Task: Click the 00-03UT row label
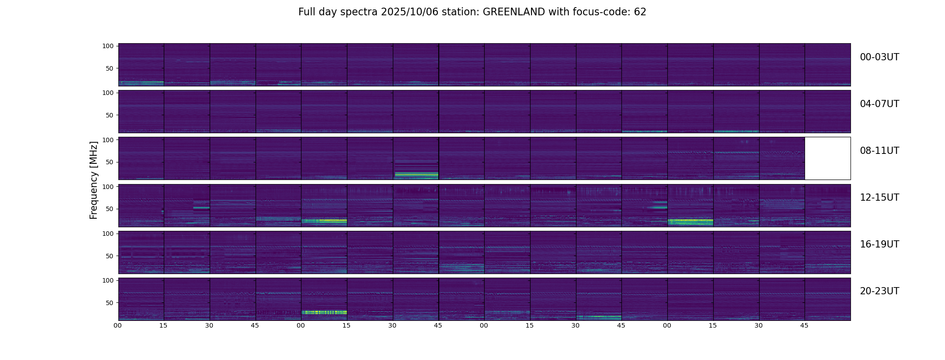click(879, 57)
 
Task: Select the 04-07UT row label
click(879, 104)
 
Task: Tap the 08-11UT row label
click(879, 151)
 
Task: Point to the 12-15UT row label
click(879, 198)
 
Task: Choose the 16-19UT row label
click(879, 244)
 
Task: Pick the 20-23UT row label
click(879, 291)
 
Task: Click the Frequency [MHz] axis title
click(94, 180)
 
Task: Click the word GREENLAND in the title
click(514, 12)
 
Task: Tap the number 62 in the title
click(640, 12)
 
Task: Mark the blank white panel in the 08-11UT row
click(827, 158)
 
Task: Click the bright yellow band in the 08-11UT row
click(416, 174)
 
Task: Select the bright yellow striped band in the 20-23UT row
click(324, 312)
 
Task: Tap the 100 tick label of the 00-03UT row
click(108, 46)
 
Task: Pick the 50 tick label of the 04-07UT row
click(110, 115)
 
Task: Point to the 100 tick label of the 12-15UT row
click(108, 186)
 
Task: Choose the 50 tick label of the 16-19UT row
click(110, 256)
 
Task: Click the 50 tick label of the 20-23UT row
click(110, 303)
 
